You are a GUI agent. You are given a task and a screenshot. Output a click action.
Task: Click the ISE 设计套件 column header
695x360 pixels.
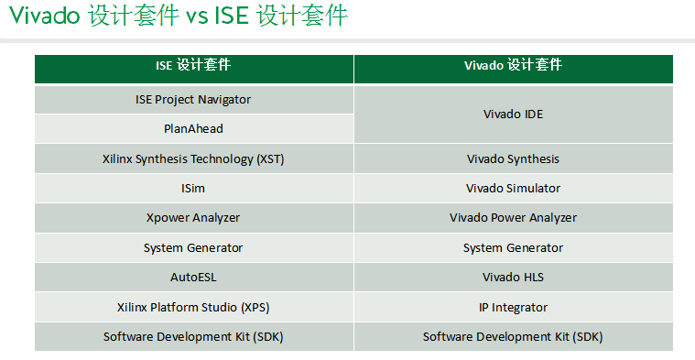click(x=193, y=67)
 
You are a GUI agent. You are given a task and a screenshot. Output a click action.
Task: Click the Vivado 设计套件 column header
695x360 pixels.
click(x=513, y=67)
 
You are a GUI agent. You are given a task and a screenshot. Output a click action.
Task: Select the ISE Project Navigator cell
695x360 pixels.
click(x=193, y=99)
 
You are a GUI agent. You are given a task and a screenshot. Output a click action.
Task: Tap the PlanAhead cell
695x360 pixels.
click(x=193, y=129)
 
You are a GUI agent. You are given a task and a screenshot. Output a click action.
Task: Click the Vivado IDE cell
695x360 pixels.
click(x=513, y=115)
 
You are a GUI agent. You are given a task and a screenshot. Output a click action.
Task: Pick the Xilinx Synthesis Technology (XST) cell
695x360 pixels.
click(x=193, y=159)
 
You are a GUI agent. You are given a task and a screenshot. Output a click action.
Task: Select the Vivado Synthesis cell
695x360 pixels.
click(x=513, y=159)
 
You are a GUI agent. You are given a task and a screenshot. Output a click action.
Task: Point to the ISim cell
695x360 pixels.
click(x=193, y=189)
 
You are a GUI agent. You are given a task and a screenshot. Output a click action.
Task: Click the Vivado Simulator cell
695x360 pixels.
click(x=513, y=189)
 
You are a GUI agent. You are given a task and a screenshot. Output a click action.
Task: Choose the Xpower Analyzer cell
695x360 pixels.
click(x=193, y=218)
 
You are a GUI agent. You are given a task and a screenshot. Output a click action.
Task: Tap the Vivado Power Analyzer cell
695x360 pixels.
click(x=513, y=218)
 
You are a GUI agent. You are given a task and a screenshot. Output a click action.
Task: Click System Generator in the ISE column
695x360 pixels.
click(x=193, y=248)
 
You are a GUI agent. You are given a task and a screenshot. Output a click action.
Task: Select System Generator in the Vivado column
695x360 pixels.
click(x=513, y=248)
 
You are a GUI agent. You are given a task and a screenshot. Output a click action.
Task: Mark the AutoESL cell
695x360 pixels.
click(x=193, y=277)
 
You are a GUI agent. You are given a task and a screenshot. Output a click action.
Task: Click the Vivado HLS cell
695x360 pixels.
click(x=513, y=277)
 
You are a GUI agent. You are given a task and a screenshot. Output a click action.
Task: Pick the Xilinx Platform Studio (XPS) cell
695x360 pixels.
click(x=193, y=308)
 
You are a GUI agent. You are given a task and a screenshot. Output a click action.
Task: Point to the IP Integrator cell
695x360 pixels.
click(x=513, y=308)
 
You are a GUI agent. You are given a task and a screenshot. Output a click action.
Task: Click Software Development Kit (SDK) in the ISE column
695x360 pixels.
click(x=193, y=337)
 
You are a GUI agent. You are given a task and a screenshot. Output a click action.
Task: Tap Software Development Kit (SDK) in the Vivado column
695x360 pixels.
click(x=513, y=337)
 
